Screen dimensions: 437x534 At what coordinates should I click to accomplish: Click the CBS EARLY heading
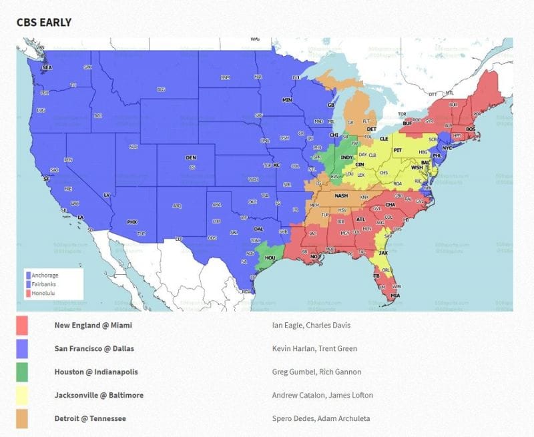(x=44, y=22)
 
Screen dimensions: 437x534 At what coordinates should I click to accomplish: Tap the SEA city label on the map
(x=47, y=68)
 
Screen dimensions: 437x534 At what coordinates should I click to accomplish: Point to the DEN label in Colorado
(x=191, y=157)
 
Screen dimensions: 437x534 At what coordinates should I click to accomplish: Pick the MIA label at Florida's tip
(x=396, y=294)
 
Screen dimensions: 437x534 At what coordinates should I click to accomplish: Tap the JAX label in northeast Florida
(x=382, y=253)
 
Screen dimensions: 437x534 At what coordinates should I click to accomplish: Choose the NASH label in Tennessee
(x=341, y=195)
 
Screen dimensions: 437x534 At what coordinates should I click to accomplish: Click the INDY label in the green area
(x=346, y=157)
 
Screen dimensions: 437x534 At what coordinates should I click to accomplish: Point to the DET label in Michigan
(x=372, y=129)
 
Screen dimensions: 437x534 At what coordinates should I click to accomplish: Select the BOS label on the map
(x=471, y=129)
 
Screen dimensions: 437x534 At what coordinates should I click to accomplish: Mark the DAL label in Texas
(x=258, y=228)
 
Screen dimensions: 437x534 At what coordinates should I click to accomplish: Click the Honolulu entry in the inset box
(x=42, y=292)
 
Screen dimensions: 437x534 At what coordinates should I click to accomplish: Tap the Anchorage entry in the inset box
(x=45, y=275)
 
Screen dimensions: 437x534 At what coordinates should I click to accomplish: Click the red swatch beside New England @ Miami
(x=22, y=325)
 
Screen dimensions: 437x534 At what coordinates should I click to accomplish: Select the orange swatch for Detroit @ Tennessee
(x=22, y=418)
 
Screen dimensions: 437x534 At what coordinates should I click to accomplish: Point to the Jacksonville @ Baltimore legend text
(x=99, y=395)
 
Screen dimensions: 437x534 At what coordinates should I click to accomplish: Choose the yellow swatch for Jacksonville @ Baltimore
(x=22, y=395)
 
